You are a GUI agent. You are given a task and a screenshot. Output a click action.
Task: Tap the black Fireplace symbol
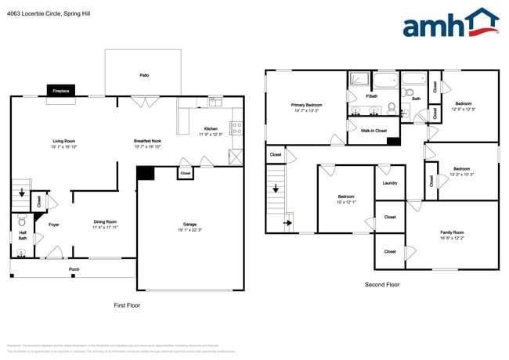point(61,91)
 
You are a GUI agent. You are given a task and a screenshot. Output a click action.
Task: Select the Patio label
point(144,75)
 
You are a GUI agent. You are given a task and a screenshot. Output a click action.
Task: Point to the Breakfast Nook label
point(147,141)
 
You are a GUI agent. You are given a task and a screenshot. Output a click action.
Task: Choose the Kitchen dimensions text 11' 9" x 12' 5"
point(211,134)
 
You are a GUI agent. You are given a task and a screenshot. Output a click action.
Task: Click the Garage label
point(190,224)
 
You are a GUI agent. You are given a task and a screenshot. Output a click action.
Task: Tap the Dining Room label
point(105,221)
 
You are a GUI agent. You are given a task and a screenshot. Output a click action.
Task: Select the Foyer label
point(54,225)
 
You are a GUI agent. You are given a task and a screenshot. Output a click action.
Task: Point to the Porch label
point(74,269)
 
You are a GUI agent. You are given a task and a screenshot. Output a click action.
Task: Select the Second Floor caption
point(382,285)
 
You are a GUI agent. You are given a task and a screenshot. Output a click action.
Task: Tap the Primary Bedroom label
point(306,105)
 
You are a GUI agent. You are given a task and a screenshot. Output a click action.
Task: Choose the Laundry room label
point(390,183)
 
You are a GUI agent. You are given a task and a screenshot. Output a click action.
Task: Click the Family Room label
point(452,232)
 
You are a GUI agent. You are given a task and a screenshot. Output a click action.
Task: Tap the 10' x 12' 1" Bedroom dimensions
point(345,202)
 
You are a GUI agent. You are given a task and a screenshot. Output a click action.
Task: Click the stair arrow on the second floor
point(287,222)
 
